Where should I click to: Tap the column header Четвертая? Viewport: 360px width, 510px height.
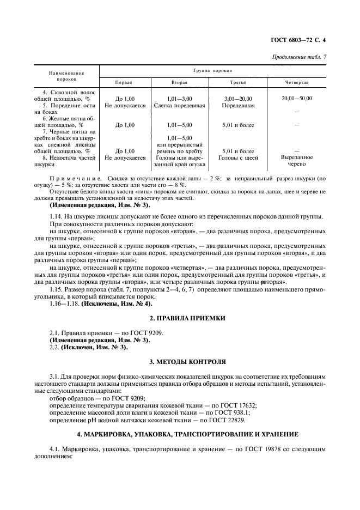[x=297, y=83]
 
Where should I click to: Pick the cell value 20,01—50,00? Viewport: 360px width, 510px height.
[x=297, y=99]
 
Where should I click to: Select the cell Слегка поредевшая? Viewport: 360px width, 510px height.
[x=179, y=106]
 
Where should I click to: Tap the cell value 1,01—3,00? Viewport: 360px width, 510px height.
[x=180, y=99]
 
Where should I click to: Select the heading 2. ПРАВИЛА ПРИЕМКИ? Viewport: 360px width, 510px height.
[x=180, y=317]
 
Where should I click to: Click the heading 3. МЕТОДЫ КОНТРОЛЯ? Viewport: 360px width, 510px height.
[x=180, y=361]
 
